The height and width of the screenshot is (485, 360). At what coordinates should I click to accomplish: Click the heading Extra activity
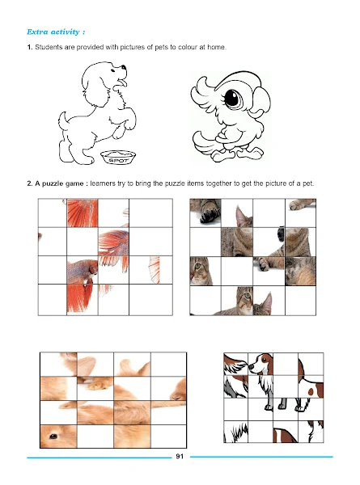pyautogui.click(x=56, y=32)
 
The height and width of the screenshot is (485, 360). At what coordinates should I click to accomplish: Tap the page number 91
pyautogui.click(x=180, y=456)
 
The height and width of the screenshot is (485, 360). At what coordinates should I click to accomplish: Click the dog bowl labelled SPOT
pyautogui.click(x=118, y=157)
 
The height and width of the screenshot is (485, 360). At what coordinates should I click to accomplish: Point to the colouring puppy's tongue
pyautogui.click(x=123, y=82)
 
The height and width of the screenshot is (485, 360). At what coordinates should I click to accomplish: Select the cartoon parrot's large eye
pyautogui.click(x=232, y=98)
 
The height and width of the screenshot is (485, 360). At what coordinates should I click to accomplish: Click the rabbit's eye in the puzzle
pyautogui.click(x=53, y=436)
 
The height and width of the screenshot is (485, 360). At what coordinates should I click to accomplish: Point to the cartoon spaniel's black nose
pyautogui.click(x=251, y=366)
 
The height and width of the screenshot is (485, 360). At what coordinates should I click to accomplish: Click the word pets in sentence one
pyautogui.click(x=161, y=48)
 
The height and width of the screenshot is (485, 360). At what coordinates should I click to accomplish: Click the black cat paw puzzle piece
pyautogui.click(x=205, y=213)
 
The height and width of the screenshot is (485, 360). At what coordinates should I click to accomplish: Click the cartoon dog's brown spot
pyautogui.click(x=311, y=392)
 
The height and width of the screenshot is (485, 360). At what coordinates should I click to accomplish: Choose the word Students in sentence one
pyautogui.click(x=49, y=48)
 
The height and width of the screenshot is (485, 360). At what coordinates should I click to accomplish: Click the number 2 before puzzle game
pyautogui.click(x=29, y=183)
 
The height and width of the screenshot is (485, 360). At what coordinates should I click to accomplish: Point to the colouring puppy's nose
pyautogui.click(x=124, y=67)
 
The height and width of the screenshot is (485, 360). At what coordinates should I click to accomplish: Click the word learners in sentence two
pyautogui.click(x=103, y=183)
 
